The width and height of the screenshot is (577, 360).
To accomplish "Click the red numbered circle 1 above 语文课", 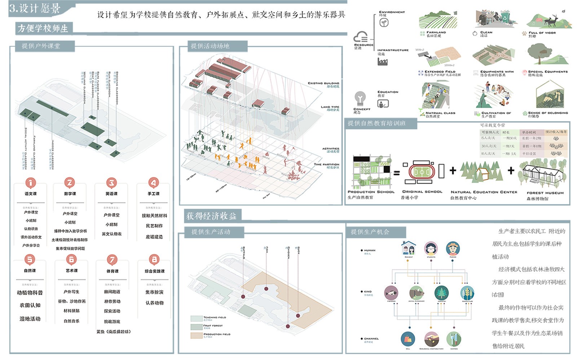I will coord(30,183).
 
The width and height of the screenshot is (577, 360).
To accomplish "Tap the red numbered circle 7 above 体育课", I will coord(112,259).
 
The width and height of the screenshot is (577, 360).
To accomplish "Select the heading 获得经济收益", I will coord(211,216).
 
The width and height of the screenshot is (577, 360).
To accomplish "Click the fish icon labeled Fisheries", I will coord(391,293).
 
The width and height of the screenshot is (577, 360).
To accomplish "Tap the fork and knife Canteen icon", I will coord(454,339).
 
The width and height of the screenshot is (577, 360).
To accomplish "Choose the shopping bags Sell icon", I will coord(408,339).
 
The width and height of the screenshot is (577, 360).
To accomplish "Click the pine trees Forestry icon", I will coord(441,293).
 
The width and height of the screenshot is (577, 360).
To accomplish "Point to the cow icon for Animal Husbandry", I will coord(417,293).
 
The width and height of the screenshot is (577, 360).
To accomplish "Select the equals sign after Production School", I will coord(396,173).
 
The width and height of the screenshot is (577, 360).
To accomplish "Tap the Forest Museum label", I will coord(545,193).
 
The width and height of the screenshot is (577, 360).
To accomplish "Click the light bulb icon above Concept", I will coord(360,98).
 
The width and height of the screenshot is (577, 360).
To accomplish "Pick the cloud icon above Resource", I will coord(361,37).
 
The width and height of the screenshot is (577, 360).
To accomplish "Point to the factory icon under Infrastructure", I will coord(382,62).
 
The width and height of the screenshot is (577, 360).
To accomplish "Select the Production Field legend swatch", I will coord(196,335).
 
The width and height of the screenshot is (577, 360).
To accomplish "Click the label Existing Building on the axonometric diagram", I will coord(323,83).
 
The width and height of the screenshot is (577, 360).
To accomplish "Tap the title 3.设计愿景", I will coord(35,8).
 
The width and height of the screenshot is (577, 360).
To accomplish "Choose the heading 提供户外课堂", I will coord(41,46).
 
